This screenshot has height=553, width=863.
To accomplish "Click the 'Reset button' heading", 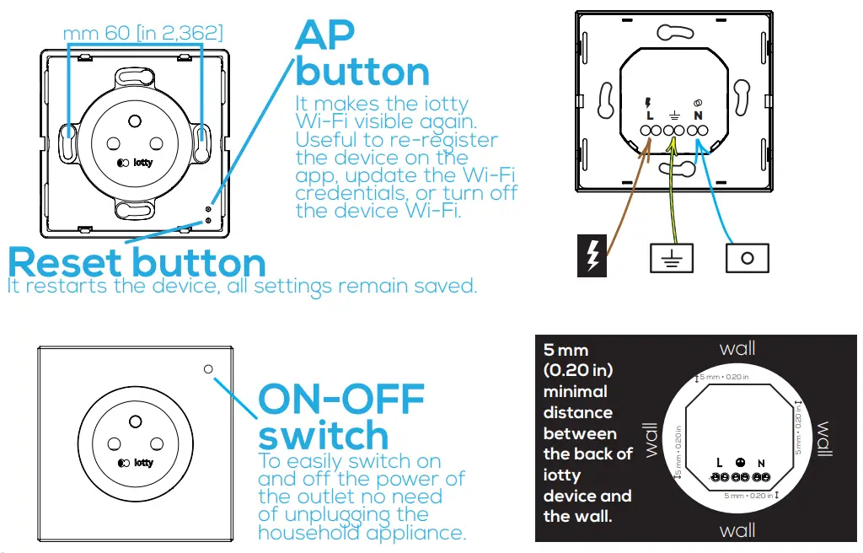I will click(x=137, y=262).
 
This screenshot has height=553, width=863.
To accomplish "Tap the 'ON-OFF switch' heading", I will click(x=340, y=417).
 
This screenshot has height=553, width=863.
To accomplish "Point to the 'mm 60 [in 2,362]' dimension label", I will click(x=143, y=34).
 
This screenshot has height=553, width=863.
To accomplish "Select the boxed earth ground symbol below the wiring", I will click(x=672, y=257).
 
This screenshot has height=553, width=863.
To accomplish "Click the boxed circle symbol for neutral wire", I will click(x=748, y=257).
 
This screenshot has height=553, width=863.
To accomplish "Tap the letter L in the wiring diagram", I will click(x=649, y=115).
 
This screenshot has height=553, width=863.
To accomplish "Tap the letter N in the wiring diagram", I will click(x=698, y=115).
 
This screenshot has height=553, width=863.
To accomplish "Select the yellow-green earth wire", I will click(x=671, y=194).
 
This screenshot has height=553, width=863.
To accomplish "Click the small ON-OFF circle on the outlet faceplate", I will click(x=208, y=369).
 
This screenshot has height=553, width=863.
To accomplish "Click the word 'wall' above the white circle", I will click(x=737, y=348).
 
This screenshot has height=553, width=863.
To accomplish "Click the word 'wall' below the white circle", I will click(x=737, y=530).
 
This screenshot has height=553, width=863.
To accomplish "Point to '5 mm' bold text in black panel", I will click(x=566, y=350).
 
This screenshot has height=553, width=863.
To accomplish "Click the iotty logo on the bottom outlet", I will click(x=137, y=462).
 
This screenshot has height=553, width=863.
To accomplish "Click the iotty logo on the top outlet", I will click(x=137, y=163).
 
